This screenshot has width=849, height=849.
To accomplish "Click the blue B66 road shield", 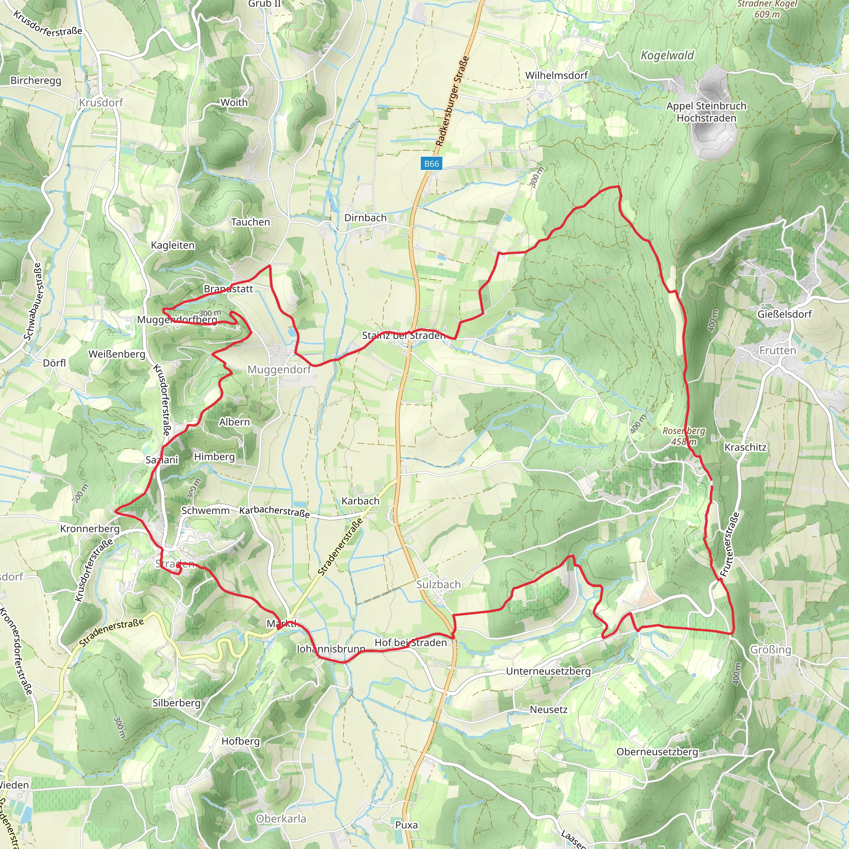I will coord(431,164).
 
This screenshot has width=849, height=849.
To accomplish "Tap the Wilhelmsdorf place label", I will coord(556,75).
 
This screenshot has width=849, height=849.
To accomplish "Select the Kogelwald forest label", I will coord(667,56).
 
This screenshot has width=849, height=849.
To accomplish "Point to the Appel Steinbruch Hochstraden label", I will coord(706,112).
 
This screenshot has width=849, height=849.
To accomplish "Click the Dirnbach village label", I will coord(365,218).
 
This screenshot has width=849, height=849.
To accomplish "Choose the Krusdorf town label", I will coord(101,103).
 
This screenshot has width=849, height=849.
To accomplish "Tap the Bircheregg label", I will coord(36,81).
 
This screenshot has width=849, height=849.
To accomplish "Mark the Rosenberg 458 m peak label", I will coord(684,436).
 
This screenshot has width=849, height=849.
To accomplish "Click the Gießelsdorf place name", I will coord(784,314).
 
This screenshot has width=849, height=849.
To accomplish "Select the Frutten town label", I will coord(777,351).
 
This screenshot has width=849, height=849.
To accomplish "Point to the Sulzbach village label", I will coord(438,585).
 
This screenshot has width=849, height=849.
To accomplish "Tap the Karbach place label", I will coord(360,501).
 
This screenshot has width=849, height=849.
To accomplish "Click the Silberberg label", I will coord(176,703).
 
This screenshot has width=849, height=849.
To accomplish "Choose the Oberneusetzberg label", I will coord(657,752).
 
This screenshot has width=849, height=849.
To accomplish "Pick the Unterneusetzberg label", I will coord(548,672).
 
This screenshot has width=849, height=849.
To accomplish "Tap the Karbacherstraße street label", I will coord(274,512).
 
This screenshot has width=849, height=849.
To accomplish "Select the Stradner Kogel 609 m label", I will coord(767,9).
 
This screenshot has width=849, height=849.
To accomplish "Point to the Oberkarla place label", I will coord(281,819).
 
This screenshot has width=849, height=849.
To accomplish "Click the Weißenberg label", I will coord(116,354).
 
